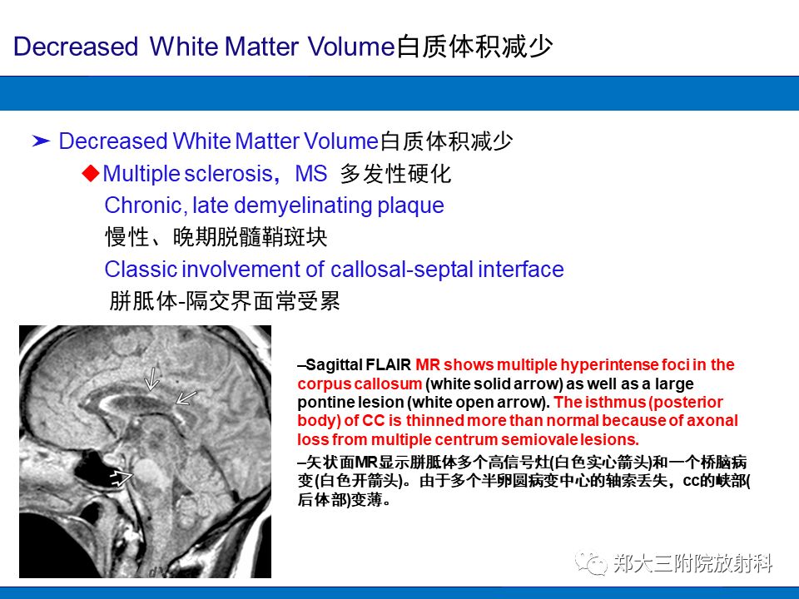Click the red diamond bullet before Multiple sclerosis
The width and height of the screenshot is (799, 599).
coord(91,173)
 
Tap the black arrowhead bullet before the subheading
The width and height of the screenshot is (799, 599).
coord(42,141)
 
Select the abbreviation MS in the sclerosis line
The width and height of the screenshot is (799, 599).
coord(311,174)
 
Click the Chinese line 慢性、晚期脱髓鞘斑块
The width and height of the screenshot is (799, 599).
coord(216,238)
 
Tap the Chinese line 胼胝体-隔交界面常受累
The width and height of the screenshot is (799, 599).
coord(225,301)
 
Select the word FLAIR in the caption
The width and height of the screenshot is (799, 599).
coord(391,365)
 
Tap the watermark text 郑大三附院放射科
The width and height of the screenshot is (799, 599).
coord(693,564)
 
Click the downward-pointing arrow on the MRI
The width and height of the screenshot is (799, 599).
coord(151,380)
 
